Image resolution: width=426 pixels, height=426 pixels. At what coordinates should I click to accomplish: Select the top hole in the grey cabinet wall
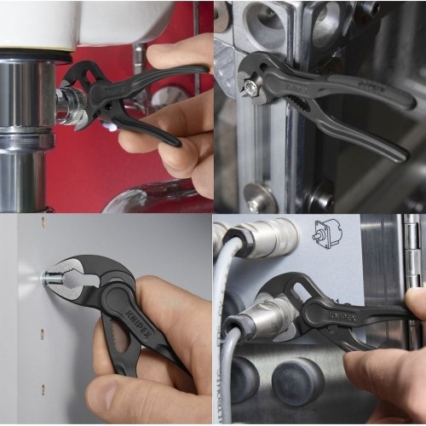[42, 223]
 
